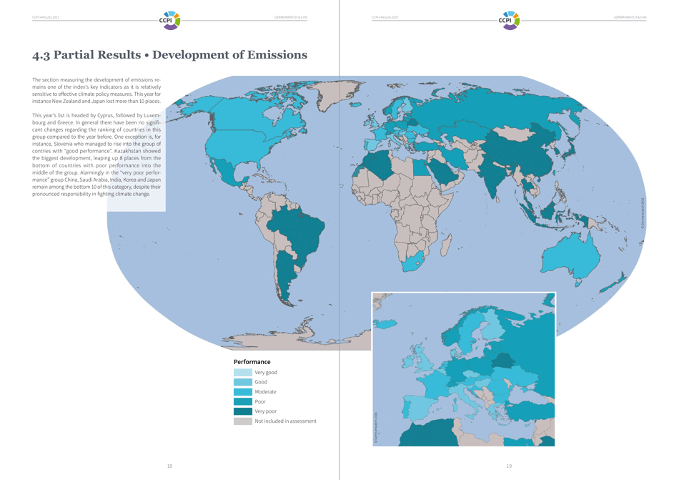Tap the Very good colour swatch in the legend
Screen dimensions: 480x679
[242, 373]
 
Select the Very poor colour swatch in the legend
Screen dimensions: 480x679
[242, 411]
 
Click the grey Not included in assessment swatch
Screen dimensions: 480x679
[242, 421]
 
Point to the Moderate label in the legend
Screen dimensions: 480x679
[265, 392]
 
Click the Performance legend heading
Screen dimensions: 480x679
[252, 362]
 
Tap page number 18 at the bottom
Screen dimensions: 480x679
[169, 466]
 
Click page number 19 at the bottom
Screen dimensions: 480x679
[509, 466]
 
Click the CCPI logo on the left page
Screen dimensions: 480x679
[169, 19]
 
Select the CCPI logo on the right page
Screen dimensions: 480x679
[509, 19]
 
